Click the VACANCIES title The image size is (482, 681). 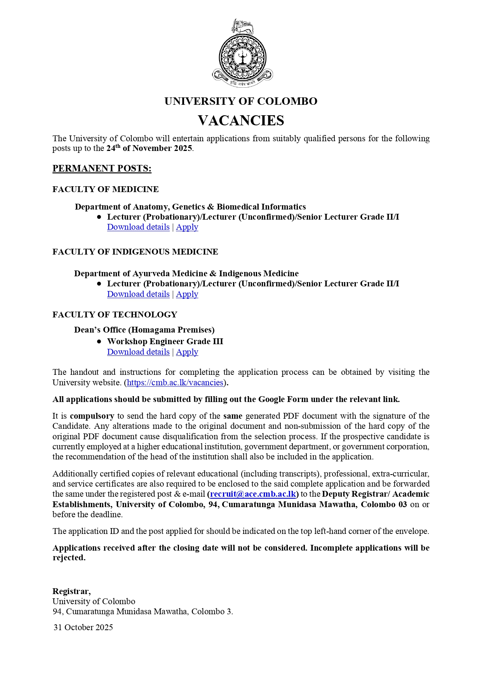(241, 121)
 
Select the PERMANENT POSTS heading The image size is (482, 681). (102, 168)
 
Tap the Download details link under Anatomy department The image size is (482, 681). (138, 227)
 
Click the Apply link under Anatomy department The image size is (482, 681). (187, 227)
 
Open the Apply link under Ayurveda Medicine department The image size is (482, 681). (187, 295)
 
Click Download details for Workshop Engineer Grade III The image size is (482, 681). (138, 352)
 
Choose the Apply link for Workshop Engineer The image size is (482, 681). (187, 352)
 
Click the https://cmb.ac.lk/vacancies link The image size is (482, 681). (175, 383)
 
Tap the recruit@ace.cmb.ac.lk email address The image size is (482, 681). (253, 494)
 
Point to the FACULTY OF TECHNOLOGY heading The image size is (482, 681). (115, 315)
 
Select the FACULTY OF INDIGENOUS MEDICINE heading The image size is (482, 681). (135, 252)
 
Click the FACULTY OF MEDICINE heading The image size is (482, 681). (105, 189)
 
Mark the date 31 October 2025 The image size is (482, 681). (83, 627)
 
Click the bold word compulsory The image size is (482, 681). (92, 416)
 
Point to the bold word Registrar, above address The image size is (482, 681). (71, 591)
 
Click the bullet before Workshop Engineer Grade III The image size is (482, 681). (99, 341)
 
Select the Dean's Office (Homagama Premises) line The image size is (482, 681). (144, 330)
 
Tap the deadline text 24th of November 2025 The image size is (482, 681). (149, 148)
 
